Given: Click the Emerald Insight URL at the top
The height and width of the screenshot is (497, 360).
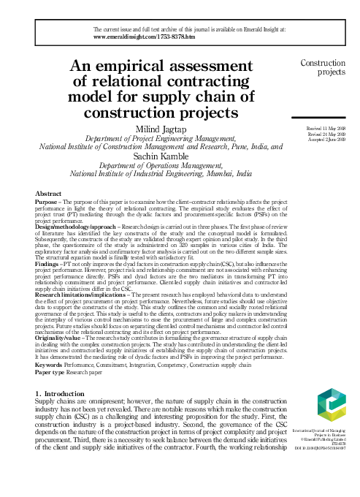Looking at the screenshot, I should tap(145, 36).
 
